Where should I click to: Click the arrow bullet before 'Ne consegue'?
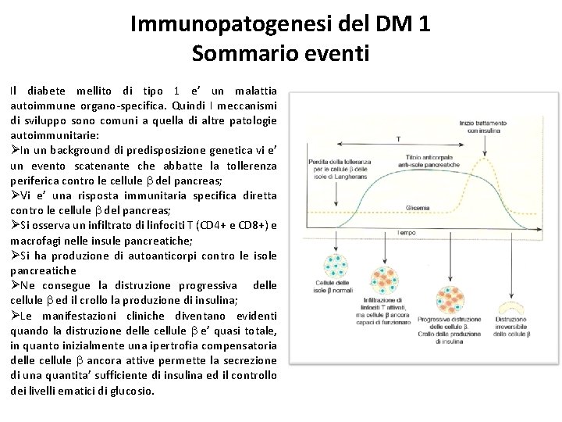point(16,285)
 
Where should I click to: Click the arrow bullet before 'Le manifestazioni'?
point(16,316)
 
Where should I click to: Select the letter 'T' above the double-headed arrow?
point(398,139)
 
